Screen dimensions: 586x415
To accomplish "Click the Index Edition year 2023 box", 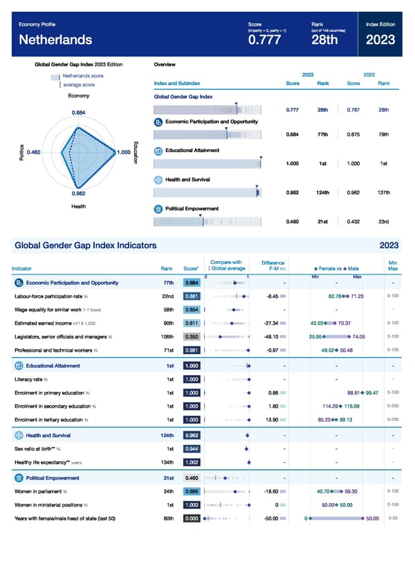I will click(382, 40).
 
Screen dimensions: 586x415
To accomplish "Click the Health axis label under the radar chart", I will click(78, 206).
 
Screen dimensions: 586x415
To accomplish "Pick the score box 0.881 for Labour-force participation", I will click(192, 296).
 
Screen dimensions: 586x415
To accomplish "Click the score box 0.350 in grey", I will click(192, 337).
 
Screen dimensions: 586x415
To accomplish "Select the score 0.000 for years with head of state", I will click(192, 518).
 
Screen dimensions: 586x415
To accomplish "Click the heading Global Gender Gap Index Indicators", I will click(85, 245).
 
